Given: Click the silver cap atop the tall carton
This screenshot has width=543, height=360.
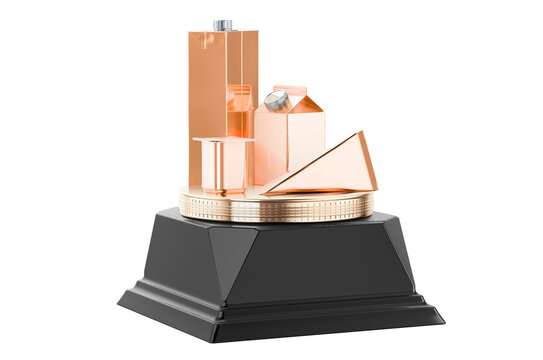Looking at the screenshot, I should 222,25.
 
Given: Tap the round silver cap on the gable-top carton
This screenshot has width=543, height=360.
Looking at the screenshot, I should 277,100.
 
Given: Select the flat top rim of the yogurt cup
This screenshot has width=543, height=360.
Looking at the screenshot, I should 222,141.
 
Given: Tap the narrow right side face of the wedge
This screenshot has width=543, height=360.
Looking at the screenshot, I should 369,162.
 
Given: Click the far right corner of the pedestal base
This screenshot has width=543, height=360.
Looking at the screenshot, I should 443,318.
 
